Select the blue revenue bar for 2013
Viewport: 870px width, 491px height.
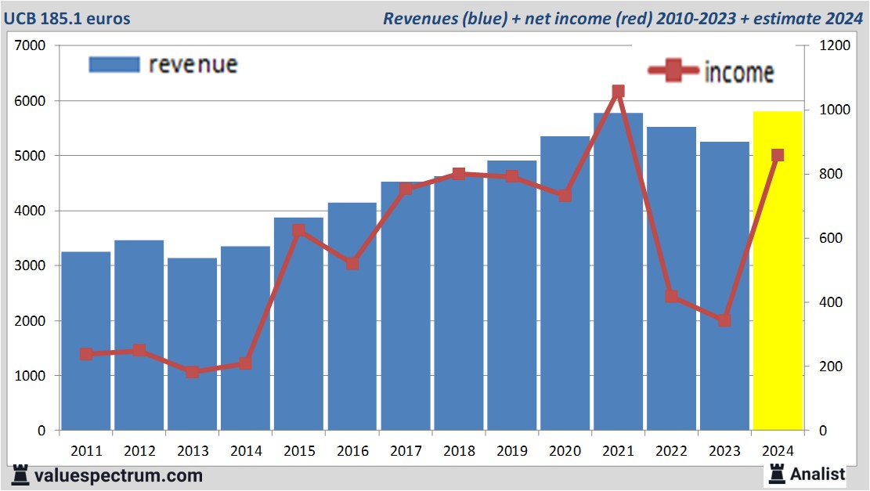click(192, 345)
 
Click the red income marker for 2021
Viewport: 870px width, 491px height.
click(618, 92)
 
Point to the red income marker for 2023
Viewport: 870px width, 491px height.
click(724, 320)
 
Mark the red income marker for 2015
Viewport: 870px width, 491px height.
click(298, 231)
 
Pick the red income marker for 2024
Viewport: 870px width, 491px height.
click(778, 155)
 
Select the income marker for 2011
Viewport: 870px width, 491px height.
click(86, 354)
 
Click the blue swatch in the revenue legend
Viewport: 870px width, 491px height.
click(114, 64)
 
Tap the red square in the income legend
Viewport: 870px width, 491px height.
click(673, 70)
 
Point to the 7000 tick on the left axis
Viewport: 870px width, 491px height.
click(31, 46)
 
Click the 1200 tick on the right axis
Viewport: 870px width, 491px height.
click(834, 46)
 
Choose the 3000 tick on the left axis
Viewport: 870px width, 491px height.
click(31, 266)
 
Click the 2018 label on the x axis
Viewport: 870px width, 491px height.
click(458, 452)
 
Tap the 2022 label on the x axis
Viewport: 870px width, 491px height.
click(671, 452)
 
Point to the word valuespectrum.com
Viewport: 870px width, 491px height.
click(118, 475)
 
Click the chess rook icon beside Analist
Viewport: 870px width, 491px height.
click(777, 473)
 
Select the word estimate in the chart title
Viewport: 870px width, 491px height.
click(789, 18)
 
